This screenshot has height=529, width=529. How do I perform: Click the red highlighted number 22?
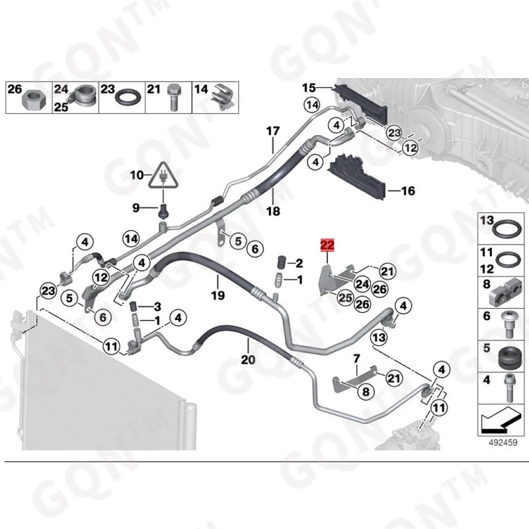pyautogui.click(x=327, y=245)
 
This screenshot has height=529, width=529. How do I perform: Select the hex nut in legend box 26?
pyautogui.click(x=31, y=101)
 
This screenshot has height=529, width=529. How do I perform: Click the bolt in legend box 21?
pyautogui.click(x=174, y=97)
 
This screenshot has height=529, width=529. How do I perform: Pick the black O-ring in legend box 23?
pyautogui.click(x=128, y=97)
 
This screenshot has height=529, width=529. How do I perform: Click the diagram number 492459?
pyautogui.click(x=503, y=442)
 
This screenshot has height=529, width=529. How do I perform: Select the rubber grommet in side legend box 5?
pyautogui.click(x=509, y=357)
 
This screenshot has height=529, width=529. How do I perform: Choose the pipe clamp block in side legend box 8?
pyautogui.click(x=505, y=290)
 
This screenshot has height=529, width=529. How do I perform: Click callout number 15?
pyautogui.click(x=309, y=88)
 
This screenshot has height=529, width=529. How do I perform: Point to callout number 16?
pyautogui.click(x=408, y=191)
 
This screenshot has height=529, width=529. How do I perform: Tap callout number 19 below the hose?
pyautogui.click(x=218, y=295)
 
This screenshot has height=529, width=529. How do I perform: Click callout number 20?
pyautogui.click(x=248, y=360)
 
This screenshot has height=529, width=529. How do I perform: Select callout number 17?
pyautogui.click(x=273, y=130)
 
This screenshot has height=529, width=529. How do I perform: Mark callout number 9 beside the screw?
pyautogui.click(x=136, y=208)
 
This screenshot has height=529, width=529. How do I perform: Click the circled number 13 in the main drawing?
pyautogui.click(x=379, y=337)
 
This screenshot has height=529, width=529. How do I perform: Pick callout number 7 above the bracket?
pyautogui.click(x=357, y=358)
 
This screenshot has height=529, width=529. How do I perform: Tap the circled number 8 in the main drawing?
pyautogui.click(x=366, y=391)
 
